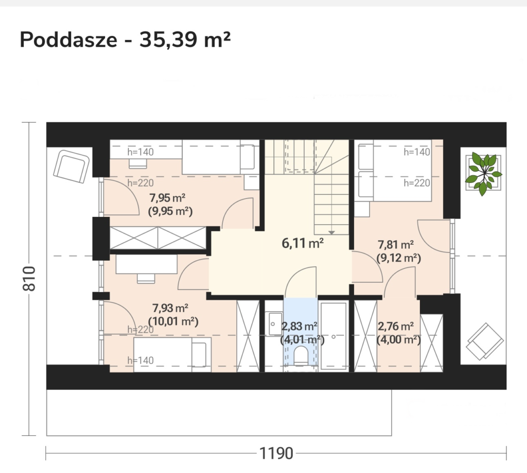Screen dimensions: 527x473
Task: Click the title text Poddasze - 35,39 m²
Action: click(x=125, y=40)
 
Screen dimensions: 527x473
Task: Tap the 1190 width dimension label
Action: click(x=276, y=453)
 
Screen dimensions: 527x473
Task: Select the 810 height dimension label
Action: click(x=29, y=278)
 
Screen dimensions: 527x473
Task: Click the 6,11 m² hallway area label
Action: click(x=303, y=243)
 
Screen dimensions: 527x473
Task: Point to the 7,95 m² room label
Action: click(x=167, y=198)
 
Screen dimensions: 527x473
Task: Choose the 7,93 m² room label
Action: click(x=170, y=308)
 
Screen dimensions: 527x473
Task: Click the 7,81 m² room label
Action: click(x=396, y=244)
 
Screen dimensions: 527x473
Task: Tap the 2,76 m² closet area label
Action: click(x=396, y=326)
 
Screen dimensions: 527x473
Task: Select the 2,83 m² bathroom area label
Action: click(x=300, y=326)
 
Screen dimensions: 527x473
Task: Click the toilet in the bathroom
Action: click(x=301, y=356)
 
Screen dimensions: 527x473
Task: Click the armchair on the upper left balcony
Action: click(x=71, y=167)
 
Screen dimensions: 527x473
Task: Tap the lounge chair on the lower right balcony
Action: click(x=484, y=341)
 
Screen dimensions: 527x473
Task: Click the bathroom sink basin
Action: click(x=275, y=324)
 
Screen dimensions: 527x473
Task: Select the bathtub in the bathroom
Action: click(x=333, y=336)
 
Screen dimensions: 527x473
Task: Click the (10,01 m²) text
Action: click(x=173, y=321)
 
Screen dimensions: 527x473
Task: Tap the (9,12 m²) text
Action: click(x=399, y=258)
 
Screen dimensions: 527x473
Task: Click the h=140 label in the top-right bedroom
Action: click(x=417, y=152)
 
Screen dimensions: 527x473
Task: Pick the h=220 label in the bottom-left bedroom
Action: click(x=140, y=330)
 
